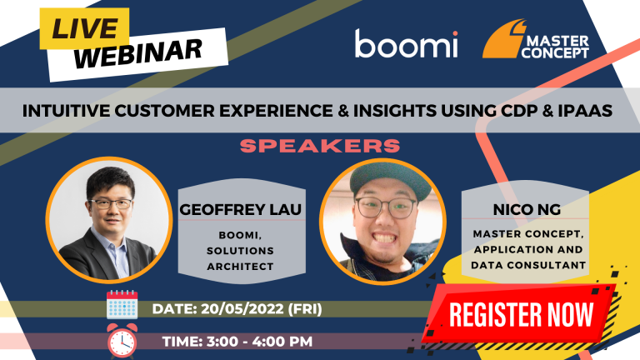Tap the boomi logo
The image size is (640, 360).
point(406,43)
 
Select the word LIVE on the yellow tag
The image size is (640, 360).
point(85,29)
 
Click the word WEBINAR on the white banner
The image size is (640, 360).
point(138,53)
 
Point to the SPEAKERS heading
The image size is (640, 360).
point(320,146)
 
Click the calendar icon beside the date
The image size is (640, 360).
point(122,304)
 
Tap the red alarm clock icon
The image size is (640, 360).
point(122,341)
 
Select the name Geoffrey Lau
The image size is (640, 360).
point(240,209)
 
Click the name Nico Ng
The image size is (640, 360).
point(527,209)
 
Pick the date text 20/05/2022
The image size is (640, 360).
point(242,308)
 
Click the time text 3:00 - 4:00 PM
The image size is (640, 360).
point(260,341)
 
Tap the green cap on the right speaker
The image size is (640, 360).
point(390,177)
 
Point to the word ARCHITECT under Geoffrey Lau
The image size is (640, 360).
point(240,267)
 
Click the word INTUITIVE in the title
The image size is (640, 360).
point(66,111)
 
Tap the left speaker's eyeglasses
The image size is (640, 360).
point(111,203)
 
